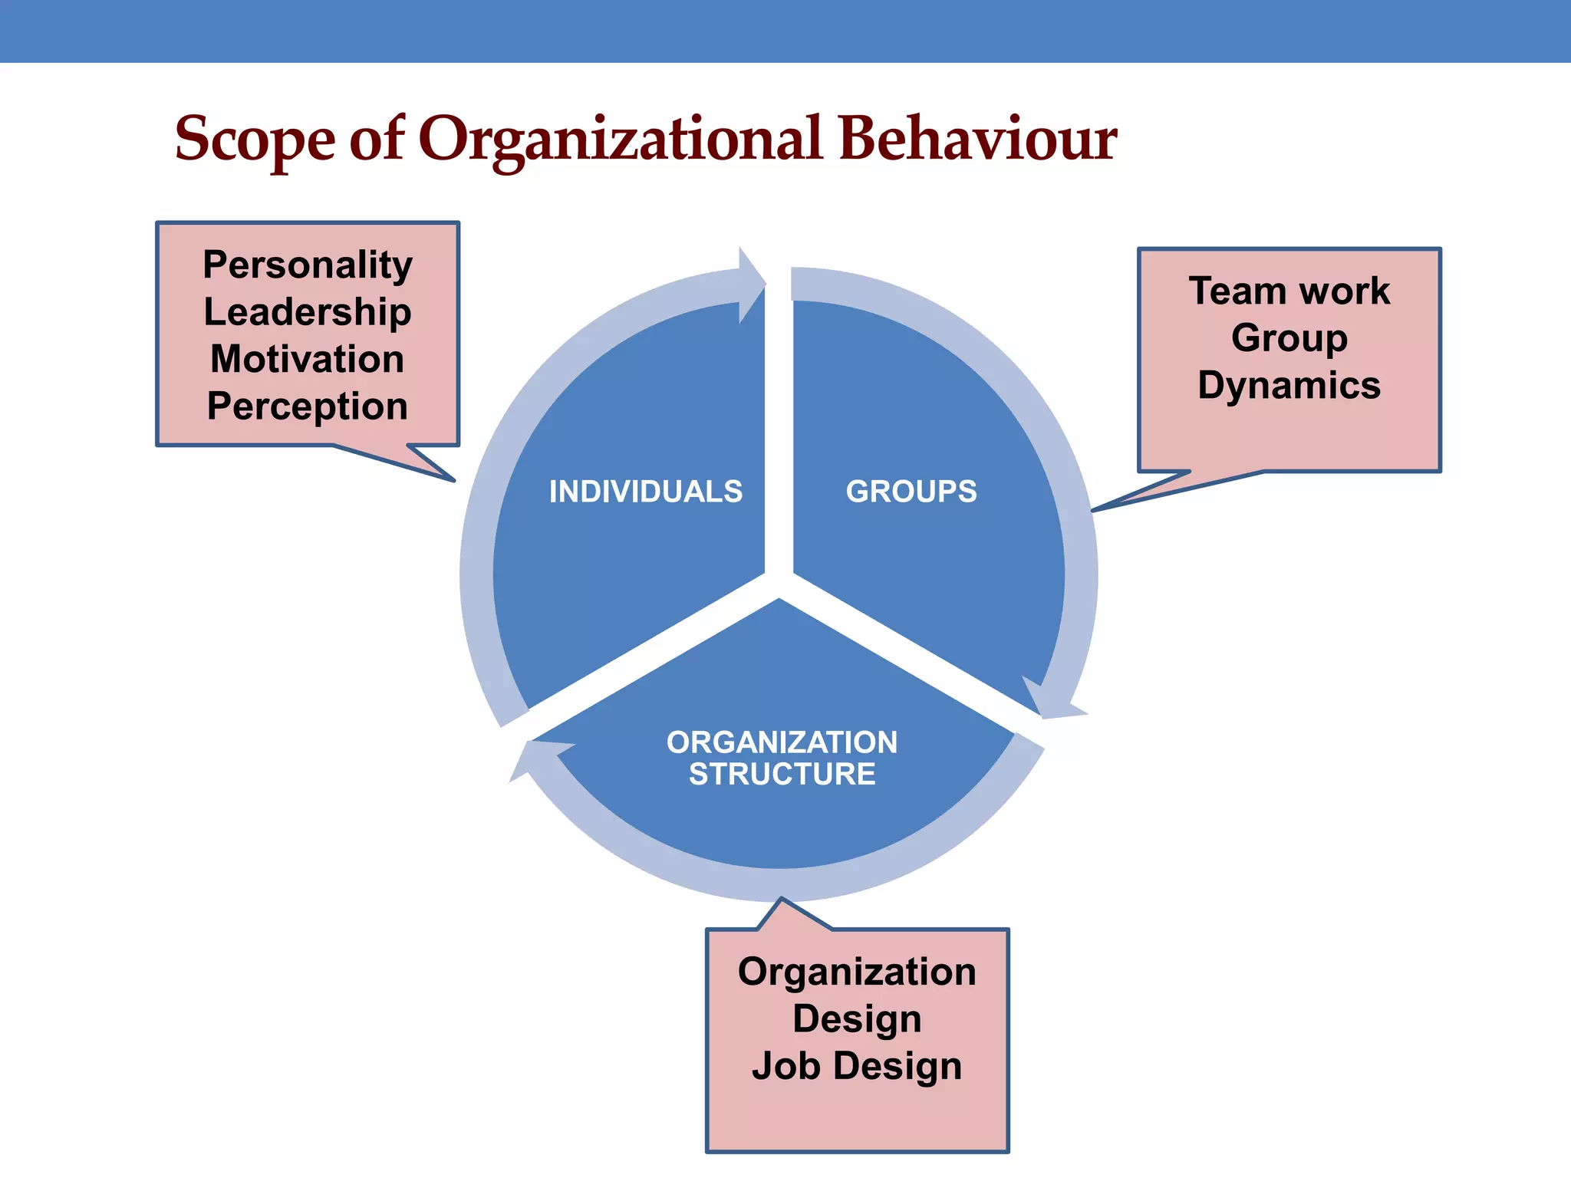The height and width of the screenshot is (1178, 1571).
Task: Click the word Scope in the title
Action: (255, 140)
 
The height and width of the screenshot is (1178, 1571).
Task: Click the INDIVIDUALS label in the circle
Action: (646, 492)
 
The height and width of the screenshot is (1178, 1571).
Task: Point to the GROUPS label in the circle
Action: (911, 492)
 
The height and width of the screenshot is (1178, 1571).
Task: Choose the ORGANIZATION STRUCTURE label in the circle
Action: (782, 758)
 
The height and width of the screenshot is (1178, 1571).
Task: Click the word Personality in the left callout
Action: (308, 265)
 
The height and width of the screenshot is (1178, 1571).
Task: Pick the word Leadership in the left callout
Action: (308, 312)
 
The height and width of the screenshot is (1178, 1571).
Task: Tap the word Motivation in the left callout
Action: (308, 359)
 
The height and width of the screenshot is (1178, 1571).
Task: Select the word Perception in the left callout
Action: (308, 406)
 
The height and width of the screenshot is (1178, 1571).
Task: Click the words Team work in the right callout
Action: (1289, 291)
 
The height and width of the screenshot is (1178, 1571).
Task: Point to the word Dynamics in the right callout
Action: (1289, 385)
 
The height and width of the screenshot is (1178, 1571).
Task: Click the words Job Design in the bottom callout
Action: (857, 1066)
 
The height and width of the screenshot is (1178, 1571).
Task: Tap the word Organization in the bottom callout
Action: (857, 972)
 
